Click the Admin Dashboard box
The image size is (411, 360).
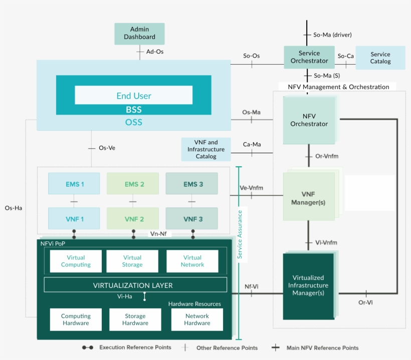[139, 34]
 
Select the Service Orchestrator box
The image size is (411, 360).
[309, 57]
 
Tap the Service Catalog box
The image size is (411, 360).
[380, 58]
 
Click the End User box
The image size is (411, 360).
[133, 95]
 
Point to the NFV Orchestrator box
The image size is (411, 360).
[309, 121]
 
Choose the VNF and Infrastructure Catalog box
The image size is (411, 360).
[206, 149]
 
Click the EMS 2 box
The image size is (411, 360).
[133, 184]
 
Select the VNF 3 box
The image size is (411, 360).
[192, 219]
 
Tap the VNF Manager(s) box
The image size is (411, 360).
[308, 196]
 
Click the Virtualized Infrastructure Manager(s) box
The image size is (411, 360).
[308, 286]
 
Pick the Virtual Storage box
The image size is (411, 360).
[132, 261]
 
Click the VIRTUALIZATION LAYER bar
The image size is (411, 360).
[133, 285]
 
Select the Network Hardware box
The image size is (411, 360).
[197, 319]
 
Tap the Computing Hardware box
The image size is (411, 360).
[76, 319]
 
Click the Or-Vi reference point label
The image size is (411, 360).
[365, 302]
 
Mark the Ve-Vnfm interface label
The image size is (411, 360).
[251, 188]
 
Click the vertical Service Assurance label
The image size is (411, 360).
[240, 234]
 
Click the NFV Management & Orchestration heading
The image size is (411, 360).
[338, 87]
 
